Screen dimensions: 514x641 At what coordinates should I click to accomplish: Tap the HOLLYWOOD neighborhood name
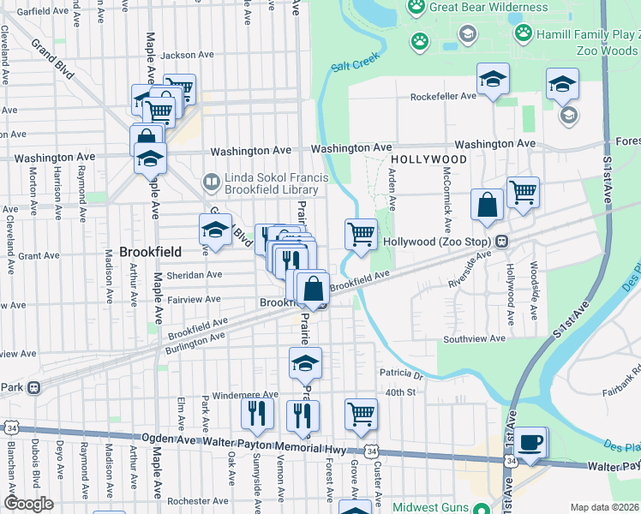(x=429, y=160)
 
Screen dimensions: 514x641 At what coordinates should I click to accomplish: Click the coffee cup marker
(x=532, y=443)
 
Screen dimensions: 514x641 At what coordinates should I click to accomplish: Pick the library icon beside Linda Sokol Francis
(x=210, y=182)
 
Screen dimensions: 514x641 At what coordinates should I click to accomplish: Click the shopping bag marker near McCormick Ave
(x=487, y=206)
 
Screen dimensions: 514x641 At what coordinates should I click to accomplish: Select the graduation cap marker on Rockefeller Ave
(x=493, y=80)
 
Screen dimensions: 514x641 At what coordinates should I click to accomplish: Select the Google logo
(x=28, y=504)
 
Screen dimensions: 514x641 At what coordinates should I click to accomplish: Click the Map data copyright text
(x=604, y=507)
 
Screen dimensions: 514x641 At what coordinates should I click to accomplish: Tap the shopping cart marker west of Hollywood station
(x=361, y=234)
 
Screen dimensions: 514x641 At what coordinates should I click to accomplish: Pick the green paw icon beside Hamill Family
(x=523, y=33)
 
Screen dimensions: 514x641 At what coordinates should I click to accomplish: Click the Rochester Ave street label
(x=198, y=501)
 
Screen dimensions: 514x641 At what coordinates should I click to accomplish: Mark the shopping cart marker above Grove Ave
(x=361, y=414)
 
